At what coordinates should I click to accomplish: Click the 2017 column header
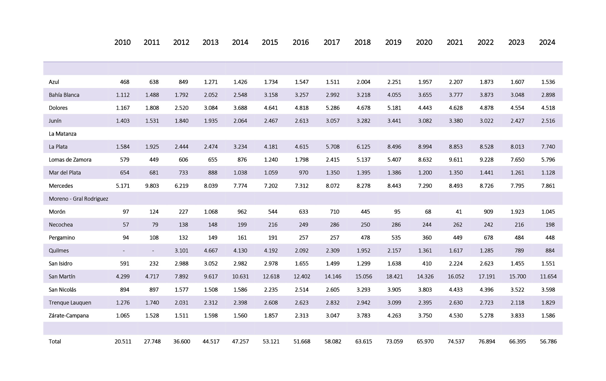(331, 42)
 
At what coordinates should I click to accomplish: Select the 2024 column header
(547, 42)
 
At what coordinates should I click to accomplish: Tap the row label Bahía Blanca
(64, 95)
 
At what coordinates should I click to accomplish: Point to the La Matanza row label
(63, 134)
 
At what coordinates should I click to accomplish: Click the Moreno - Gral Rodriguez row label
(78, 199)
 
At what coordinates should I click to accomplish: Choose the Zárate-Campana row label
(68, 316)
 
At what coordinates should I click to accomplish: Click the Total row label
(55, 341)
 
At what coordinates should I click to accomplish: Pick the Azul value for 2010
(125, 82)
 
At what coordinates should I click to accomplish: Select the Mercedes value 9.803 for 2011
(152, 186)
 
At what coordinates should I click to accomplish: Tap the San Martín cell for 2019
(394, 276)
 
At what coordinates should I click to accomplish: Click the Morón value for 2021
(458, 212)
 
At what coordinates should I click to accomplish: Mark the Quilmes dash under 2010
(124, 251)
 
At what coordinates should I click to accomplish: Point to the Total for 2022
(487, 341)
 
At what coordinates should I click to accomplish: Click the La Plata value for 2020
(425, 147)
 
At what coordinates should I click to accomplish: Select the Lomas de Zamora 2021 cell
(456, 160)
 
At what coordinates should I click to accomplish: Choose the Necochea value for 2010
(126, 225)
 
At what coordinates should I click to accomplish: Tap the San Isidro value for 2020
(427, 263)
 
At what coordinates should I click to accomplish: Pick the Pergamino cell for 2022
(488, 238)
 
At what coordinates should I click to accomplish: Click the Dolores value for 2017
(332, 108)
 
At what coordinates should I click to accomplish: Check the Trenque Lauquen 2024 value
(548, 303)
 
